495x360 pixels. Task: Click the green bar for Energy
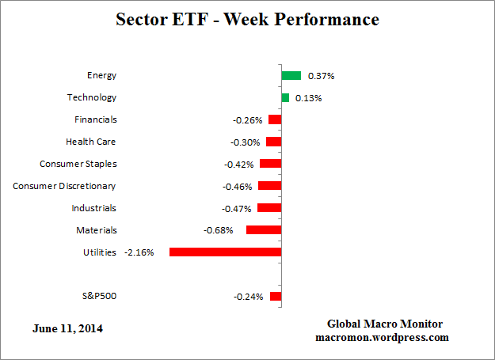click(x=291, y=75)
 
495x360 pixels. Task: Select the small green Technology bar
click(x=285, y=97)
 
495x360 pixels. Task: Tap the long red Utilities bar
click(x=225, y=252)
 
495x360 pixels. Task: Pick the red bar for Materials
click(x=264, y=229)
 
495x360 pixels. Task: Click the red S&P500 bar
click(x=276, y=296)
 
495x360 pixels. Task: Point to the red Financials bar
click(x=275, y=119)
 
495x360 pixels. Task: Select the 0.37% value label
click(x=320, y=76)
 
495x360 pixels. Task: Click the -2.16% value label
click(x=139, y=252)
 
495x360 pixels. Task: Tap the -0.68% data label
click(x=219, y=230)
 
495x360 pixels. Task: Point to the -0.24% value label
click(x=248, y=297)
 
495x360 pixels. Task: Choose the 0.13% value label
click(x=308, y=98)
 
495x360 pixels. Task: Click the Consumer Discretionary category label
click(x=64, y=186)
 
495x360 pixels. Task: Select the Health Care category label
click(x=91, y=142)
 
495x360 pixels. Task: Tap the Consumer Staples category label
click(x=78, y=164)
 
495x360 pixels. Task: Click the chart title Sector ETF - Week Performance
click(x=247, y=18)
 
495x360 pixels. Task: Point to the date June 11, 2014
click(x=67, y=328)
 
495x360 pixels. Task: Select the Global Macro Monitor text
click(x=385, y=324)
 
